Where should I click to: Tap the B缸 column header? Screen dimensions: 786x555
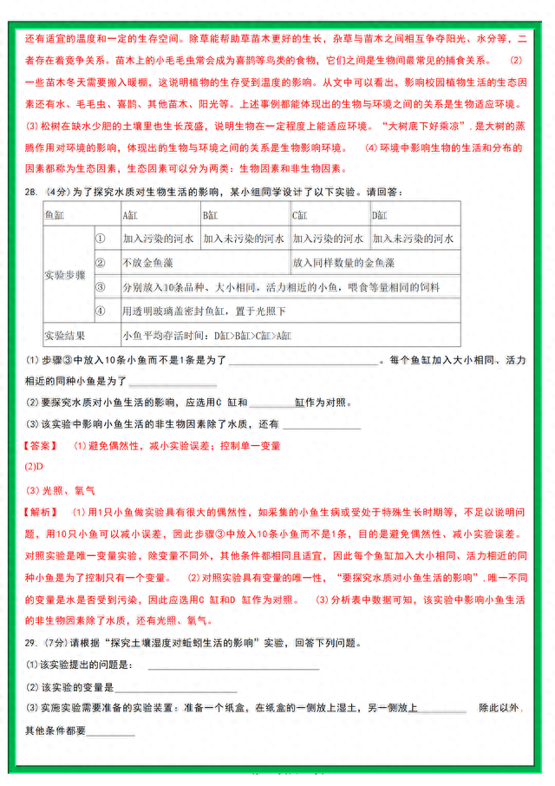(x=212, y=214)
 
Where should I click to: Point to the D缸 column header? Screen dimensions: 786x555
(x=381, y=214)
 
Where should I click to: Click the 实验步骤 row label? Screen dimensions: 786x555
(x=64, y=274)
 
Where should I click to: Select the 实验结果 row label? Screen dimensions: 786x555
(x=64, y=334)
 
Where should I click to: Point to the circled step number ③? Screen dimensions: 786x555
(x=100, y=286)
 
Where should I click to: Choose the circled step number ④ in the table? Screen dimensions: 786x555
(x=100, y=310)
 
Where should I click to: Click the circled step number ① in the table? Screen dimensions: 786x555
(x=100, y=238)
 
